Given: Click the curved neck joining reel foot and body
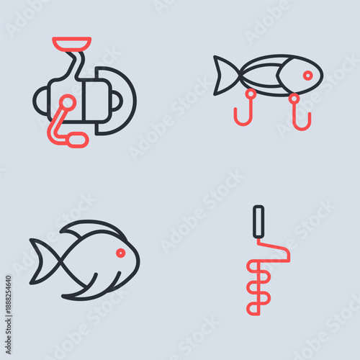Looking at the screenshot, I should tap(76, 65).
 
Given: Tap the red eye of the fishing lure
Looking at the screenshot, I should tap(307, 75).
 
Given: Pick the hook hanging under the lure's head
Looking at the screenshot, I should tap(297, 115).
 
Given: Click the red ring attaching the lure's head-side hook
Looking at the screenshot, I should tap(294, 96).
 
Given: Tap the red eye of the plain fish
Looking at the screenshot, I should tap(120, 253).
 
